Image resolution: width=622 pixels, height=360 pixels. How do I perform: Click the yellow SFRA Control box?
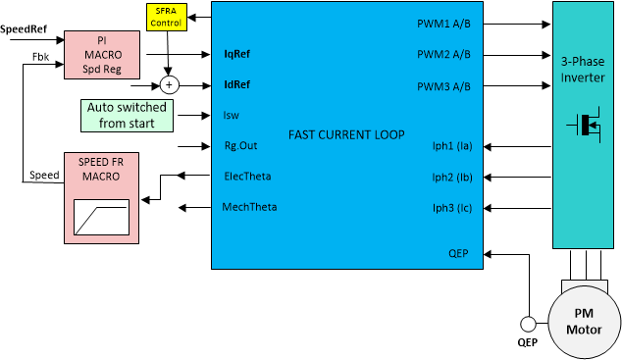pyautogui.click(x=166, y=17)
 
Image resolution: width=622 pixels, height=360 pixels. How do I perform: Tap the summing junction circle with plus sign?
pyautogui.click(x=168, y=85)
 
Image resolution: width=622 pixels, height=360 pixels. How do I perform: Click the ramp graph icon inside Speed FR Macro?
pyautogui.click(x=101, y=216)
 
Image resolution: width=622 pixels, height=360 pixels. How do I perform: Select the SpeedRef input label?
pyautogui.click(x=23, y=29)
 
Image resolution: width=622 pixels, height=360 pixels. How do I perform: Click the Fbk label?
pyautogui.click(x=40, y=56)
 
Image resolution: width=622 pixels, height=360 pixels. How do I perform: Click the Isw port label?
pyautogui.click(x=232, y=115)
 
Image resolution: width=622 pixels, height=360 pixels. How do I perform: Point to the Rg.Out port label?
pyautogui.click(x=240, y=145)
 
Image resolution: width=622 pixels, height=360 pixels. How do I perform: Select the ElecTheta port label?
pyautogui.click(x=249, y=176)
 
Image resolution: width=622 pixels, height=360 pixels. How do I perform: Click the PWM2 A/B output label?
pyautogui.click(x=443, y=56)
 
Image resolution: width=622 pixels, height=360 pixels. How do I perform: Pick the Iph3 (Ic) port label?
pyautogui.click(x=453, y=207)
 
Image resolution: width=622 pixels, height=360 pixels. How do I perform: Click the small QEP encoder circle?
pyautogui.click(x=527, y=324)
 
